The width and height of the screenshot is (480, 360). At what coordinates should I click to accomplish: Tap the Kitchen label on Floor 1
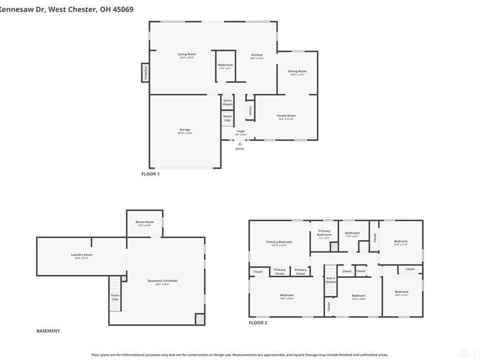coord(257,55)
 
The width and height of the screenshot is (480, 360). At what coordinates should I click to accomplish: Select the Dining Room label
coord(298,72)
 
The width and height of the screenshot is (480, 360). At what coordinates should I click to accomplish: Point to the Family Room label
coord(286,116)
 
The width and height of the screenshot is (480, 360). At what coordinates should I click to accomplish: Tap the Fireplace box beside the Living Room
coord(145,72)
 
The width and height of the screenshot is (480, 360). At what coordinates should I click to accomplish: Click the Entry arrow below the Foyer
coord(240,144)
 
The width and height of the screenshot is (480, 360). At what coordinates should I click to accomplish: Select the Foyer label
coord(241,131)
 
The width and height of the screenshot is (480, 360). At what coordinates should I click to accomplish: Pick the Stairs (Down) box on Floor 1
coord(227,103)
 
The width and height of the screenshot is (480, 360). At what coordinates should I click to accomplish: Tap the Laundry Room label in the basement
coord(82,255)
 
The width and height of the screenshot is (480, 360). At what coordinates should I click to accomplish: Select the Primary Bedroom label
coord(279,242)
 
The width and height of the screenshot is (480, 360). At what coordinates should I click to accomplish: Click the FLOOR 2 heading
coord(258,323)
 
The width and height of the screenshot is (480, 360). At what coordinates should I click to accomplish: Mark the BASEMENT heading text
coord(48,331)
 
